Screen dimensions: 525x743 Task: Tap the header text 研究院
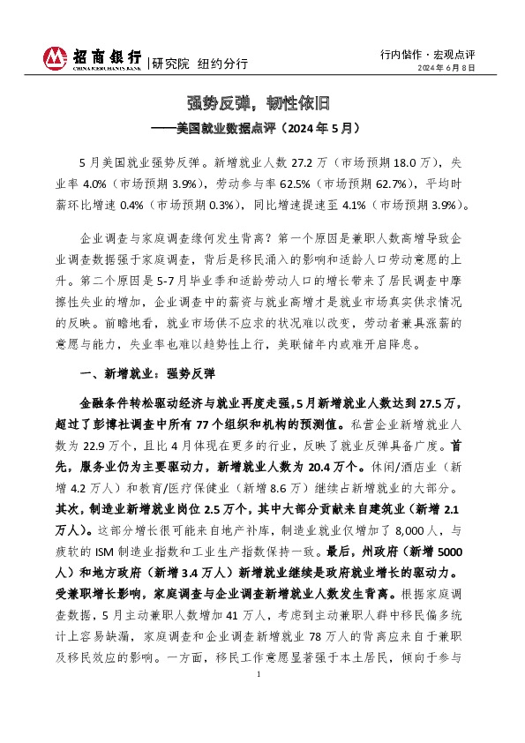[x=170, y=64]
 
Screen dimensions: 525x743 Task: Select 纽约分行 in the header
[x=222, y=64]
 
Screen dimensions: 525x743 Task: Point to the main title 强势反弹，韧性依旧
[x=262, y=101]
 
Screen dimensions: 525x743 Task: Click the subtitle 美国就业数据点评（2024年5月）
[x=268, y=128]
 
